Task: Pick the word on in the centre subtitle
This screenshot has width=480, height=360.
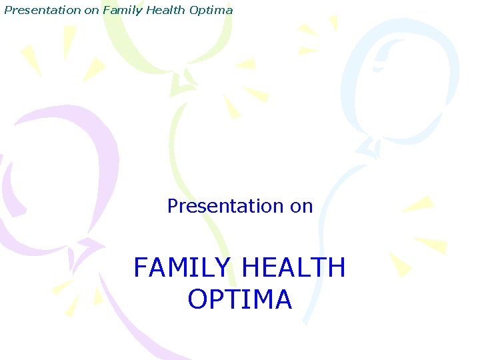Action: pos(301,206)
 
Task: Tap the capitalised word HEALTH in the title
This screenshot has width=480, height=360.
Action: pos(294,268)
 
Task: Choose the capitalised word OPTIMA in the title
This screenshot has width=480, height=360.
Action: pos(239,299)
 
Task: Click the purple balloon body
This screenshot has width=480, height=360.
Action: pos(60,173)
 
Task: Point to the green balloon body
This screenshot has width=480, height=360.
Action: pos(167,33)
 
